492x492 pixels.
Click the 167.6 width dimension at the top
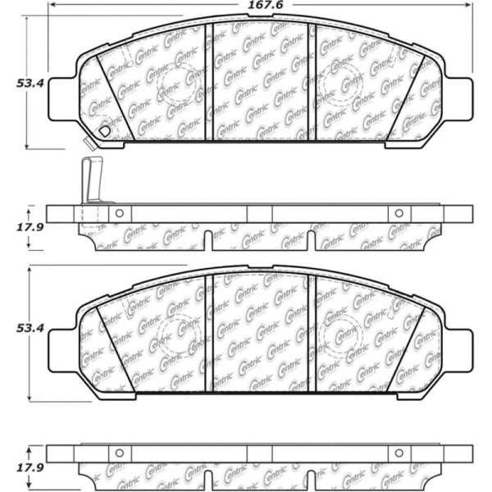tap(266, 5)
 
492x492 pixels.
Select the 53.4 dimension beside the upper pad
tap(30, 83)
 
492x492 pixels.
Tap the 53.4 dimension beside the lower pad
tap(30, 328)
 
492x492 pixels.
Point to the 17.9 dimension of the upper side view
tap(30, 227)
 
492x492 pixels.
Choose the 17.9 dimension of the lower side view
tap(30, 468)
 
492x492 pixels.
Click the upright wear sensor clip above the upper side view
tap(92, 180)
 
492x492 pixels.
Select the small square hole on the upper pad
tap(104, 131)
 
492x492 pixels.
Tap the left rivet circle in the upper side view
tap(119, 213)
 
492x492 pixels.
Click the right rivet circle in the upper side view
tap(399, 213)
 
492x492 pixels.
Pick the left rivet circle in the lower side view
tap(119, 453)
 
